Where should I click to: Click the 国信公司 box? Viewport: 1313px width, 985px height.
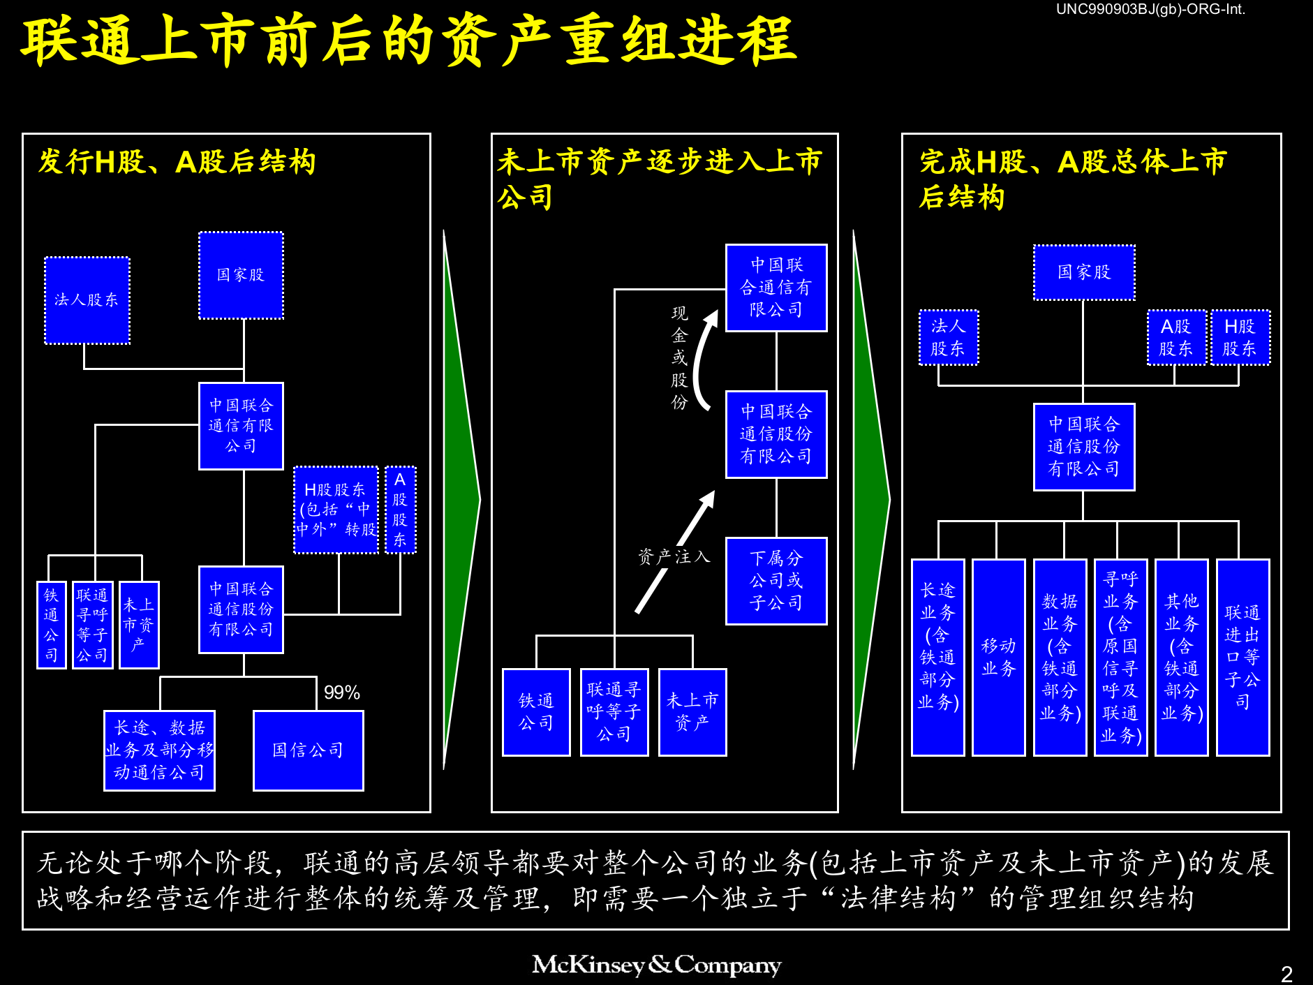[x=308, y=750]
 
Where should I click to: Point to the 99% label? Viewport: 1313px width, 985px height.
[x=341, y=693]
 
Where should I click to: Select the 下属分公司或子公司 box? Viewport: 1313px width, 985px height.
[x=776, y=581]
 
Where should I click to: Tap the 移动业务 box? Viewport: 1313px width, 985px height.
[x=998, y=657]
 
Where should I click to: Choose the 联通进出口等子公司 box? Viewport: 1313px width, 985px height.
[x=1242, y=657]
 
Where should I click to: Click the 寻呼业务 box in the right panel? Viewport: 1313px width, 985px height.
[x=1120, y=657]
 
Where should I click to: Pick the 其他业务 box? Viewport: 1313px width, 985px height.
[x=1181, y=657]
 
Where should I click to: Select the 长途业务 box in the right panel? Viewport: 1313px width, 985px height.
[x=937, y=657]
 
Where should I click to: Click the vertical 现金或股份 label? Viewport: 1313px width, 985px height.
[x=679, y=357]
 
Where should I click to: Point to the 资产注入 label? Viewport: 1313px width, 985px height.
[x=674, y=556]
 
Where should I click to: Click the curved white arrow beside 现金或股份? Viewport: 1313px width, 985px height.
[x=703, y=360]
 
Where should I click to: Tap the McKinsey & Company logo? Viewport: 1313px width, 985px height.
[x=656, y=965]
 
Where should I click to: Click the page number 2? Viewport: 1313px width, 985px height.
[x=1286, y=973]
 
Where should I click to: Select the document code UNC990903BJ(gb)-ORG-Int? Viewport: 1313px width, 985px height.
[x=1150, y=9]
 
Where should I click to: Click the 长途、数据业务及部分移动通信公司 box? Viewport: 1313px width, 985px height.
[x=159, y=750]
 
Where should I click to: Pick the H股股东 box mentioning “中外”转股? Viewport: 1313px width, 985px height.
[x=336, y=510]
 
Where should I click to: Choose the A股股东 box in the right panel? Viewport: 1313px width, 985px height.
[x=1176, y=337]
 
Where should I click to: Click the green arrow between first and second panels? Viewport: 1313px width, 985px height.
[x=461, y=499]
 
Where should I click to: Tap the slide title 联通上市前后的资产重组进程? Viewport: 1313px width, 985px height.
[x=408, y=40]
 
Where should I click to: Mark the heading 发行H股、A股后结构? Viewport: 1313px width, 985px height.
[x=177, y=162]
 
